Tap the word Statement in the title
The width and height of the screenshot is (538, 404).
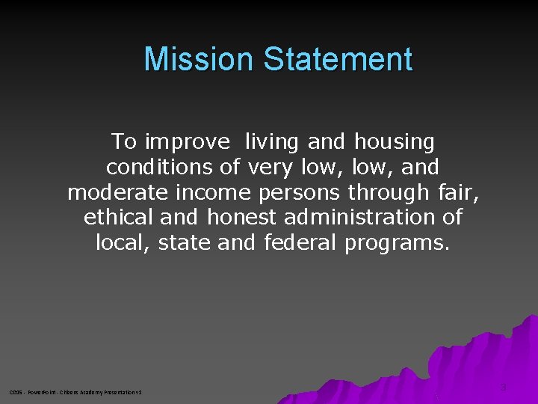pos(337,59)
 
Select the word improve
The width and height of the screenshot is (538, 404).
pos(188,141)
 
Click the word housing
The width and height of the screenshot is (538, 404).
pos(394,141)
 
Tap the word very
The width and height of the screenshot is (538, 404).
pos(273,167)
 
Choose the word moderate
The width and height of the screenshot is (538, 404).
pos(118,192)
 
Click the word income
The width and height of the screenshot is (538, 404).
pos(213,192)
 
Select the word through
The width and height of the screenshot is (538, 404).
pos(388,193)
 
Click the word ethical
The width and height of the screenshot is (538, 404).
pos(119,217)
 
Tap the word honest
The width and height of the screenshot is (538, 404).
pos(242,217)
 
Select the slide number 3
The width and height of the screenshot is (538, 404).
pos(503,388)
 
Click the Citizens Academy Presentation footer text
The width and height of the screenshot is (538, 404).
pos(75,392)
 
